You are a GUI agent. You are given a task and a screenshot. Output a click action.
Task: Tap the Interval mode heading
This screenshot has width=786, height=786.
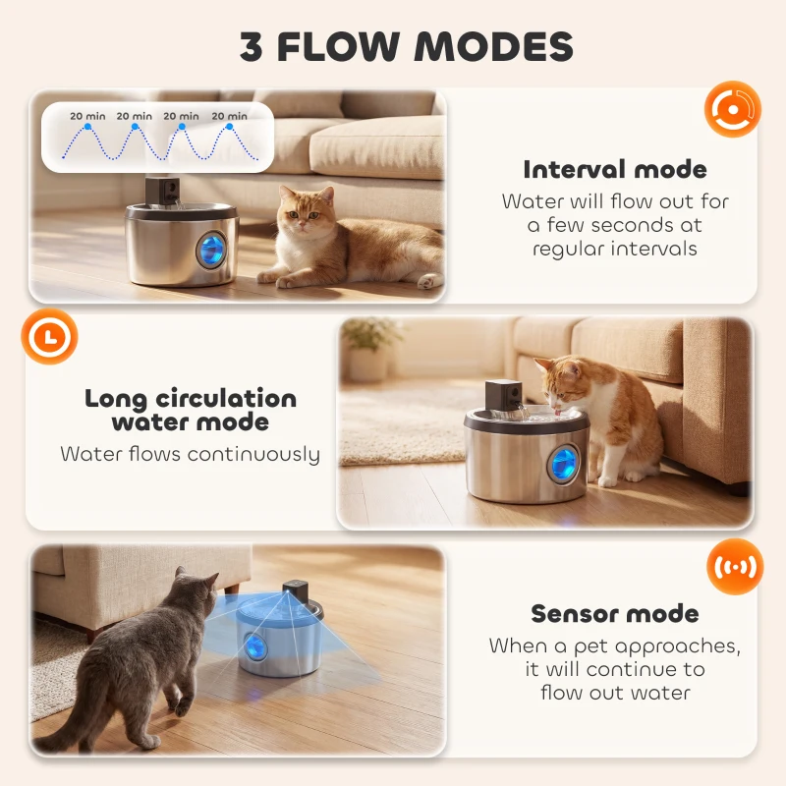coord(615,169)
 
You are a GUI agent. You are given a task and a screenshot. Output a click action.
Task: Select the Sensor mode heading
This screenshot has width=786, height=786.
coord(615,614)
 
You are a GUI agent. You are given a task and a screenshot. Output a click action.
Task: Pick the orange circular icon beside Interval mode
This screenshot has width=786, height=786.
coord(733,108)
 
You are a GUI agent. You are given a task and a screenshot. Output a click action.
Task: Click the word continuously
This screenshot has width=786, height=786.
coord(253,454)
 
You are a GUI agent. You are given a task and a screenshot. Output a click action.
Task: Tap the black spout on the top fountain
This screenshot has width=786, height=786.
coord(161,191)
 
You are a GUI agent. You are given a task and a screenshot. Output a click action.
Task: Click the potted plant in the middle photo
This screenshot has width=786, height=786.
coord(370,347)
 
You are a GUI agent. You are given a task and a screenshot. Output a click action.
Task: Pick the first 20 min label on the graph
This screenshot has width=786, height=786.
coord(88,116)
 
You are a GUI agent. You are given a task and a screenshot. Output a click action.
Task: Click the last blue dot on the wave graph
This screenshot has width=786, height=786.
coord(230,126)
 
